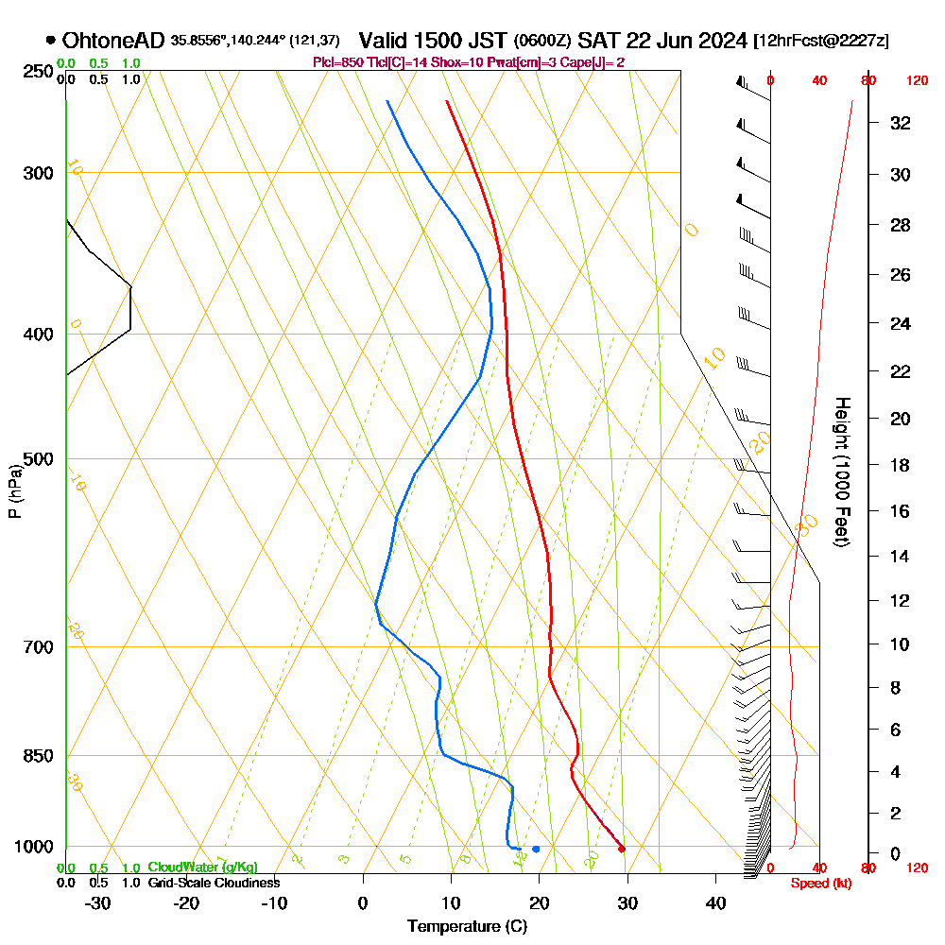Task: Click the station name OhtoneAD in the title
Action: (113, 41)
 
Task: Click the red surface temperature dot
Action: (621, 849)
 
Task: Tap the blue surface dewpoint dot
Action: (536, 849)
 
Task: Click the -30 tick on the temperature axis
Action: (97, 903)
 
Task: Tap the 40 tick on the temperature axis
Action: (715, 903)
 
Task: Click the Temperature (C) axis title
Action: (467, 927)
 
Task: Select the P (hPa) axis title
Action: (14, 491)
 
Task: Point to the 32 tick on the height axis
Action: (900, 123)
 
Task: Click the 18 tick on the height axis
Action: (900, 465)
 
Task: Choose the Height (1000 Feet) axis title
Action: (840, 472)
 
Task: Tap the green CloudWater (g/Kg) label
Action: (202, 867)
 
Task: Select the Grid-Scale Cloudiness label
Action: (214, 883)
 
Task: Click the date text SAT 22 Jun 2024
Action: (662, 41)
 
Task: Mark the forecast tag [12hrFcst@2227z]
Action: (820, 42)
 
